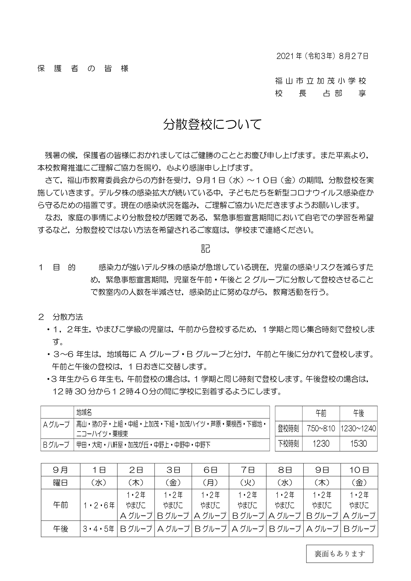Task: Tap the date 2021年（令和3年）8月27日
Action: pyautogui.click(x=322, y=56)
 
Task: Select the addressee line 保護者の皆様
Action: pyautogui.click(x=83, y=69)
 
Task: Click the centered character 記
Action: pyautogui.click(x=205, y=249)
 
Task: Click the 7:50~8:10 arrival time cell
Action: pyautogui.click(x=321, y=428)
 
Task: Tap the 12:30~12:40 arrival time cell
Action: pyautogui.click(x=358, y=428)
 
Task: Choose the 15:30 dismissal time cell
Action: pyautogui.click(x=358, y=444)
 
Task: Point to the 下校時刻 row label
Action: pyautogui.click(x=288, y=444)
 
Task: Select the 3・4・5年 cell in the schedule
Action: pyautogui.click(x=99, y=529)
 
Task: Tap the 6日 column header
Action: pyautogui.click(x=210, y=470)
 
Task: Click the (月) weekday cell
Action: pyautogui.click(x=210, y=483)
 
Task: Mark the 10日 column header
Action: pyautogui.click(x=359, y=470)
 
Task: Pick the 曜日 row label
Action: pyautogui.click(x=60, y=483)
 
